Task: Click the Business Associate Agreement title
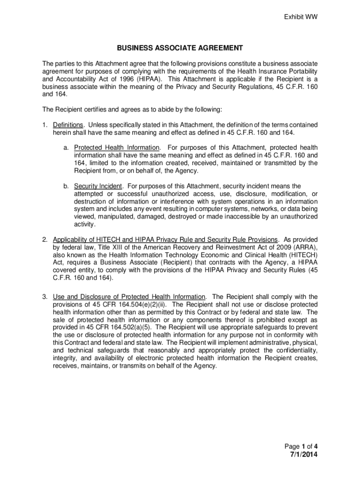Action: click(x=180, y=48)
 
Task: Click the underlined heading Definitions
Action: click(x=68, y=125)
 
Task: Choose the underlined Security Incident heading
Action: click(x=98, y=186)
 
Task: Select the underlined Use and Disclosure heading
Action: click(x=130, y=297)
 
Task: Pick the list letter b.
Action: click(x=66, y=186)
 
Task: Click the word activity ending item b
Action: click(x=84, y=224)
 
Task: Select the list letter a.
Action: click(x=66, y=148)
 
